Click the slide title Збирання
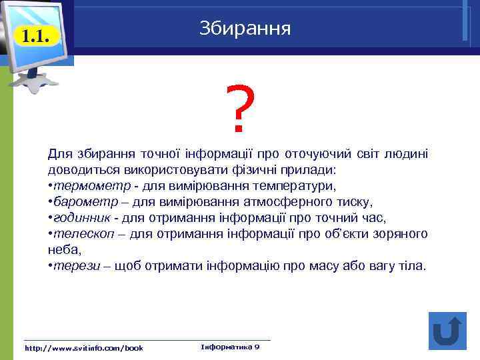pyautogui.click(x=245, y=28)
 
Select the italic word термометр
pyautogui.click(x=81, y=186)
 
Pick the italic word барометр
pyautogui.click(x=78, y=202)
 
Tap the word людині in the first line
pyautogui.click(x=409, y=154)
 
